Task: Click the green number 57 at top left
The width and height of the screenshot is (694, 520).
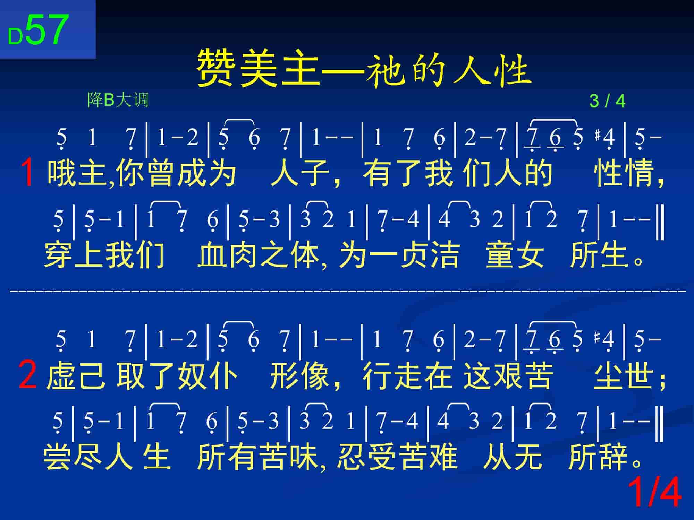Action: [x=47, y=30]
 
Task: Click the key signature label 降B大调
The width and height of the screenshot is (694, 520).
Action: [x=118, y=100]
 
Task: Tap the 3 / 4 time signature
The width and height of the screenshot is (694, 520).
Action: [x=607, y=101]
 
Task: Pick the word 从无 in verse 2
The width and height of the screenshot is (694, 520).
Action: [x=513, y=457]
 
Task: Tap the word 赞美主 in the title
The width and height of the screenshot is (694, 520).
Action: [x=259, y=67]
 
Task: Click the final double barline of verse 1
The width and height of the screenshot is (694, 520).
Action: [x=660, y=222]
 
